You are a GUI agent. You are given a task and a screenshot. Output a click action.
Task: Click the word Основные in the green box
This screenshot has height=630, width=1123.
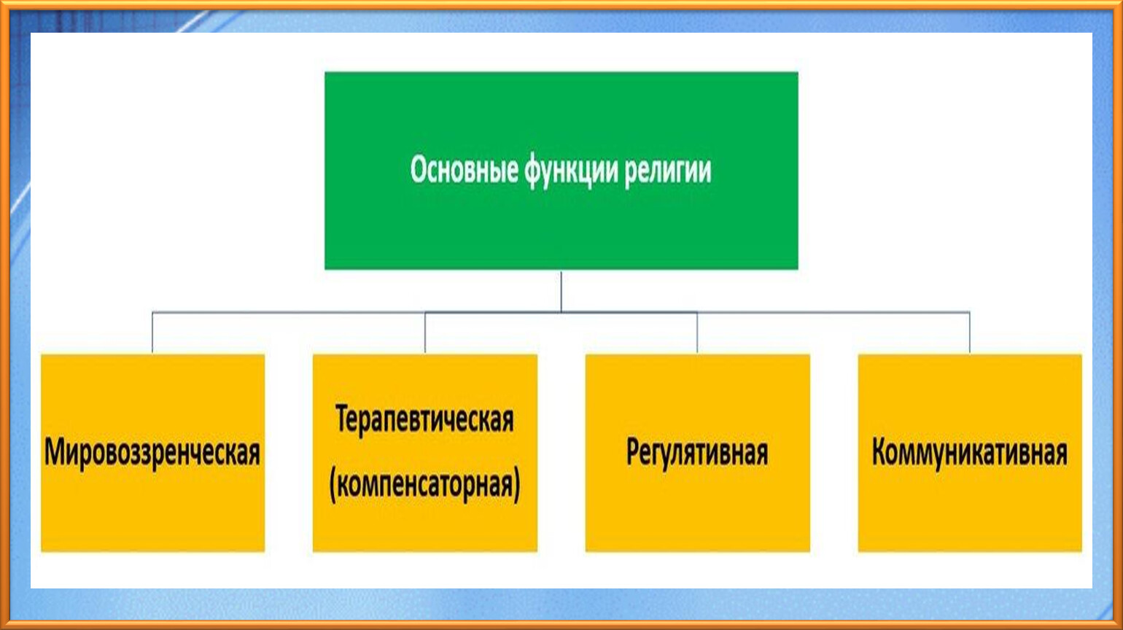point(465,170)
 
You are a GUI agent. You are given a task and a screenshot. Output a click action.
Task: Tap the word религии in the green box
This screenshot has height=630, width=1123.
point(668,172)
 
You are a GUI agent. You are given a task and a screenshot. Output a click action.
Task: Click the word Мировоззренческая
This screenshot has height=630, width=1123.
point(152,453)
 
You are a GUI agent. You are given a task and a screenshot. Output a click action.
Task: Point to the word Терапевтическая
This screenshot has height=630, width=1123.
point(424,420)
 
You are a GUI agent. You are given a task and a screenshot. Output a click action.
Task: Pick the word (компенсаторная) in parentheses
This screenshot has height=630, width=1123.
point(424,485)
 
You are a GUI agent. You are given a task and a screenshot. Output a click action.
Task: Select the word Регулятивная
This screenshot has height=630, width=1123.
point(697,453)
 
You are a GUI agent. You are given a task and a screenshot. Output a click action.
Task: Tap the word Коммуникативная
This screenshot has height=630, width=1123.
point(970,453)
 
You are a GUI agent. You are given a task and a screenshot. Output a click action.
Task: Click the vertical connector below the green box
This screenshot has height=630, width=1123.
point(561,292)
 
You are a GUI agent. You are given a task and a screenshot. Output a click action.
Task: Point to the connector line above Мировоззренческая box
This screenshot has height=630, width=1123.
point(152,332)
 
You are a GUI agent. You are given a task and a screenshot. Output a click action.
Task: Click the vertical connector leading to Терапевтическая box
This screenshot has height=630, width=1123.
point(425,332)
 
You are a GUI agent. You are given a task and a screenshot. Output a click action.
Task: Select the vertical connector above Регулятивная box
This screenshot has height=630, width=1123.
point(697,332)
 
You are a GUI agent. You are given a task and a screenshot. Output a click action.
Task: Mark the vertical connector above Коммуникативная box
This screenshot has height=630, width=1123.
point(970,332)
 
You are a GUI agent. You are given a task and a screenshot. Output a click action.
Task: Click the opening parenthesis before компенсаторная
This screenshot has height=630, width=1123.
point(333,485)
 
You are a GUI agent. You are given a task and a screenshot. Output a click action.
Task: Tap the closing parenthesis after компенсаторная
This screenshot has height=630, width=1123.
point(517,485)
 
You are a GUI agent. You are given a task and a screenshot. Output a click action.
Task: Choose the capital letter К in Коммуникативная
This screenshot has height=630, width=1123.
point(880,452)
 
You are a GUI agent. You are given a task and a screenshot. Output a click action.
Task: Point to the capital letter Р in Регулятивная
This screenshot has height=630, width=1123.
point(633,452)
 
